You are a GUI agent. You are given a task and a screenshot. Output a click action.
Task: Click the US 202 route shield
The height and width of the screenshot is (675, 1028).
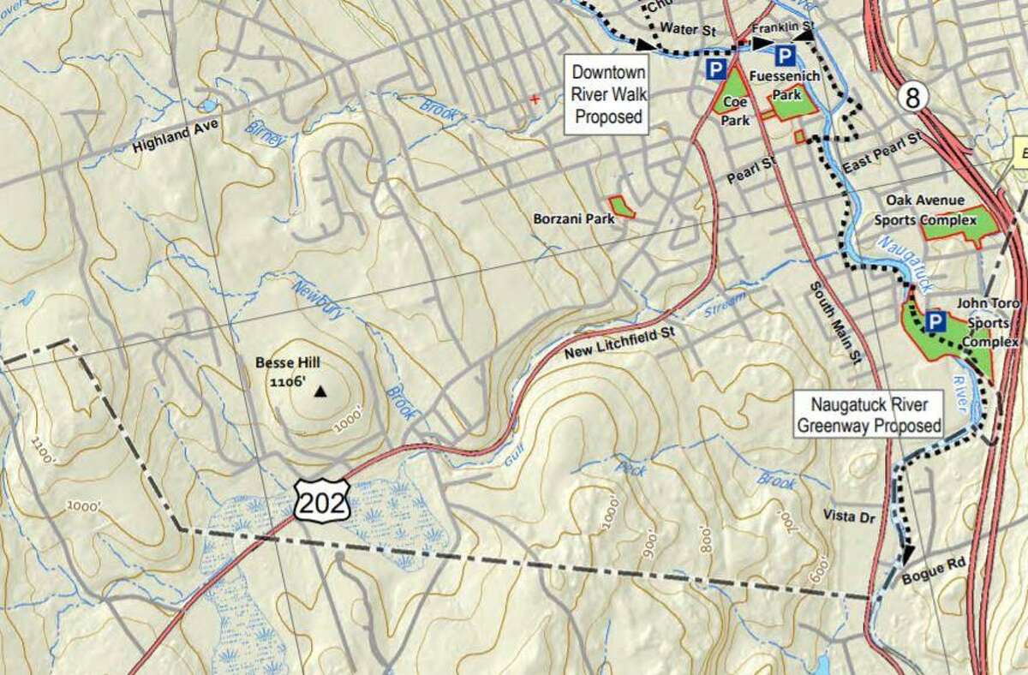pyautogui.click(x=323, y=500)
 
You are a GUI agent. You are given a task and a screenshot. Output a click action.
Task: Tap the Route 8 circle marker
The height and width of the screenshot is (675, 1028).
pyautogui.click(x=914, y=98)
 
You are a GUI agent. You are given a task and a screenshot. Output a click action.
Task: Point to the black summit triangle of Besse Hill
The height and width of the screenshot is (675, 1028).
pyautogui.click(x=320, y=392)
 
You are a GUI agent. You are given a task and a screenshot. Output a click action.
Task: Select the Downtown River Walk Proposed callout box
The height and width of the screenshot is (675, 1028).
pyautogui.click(x=607, y=94)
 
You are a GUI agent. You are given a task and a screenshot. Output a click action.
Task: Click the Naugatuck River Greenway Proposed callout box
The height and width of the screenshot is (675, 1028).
pyautogui.click(x=869, y=414)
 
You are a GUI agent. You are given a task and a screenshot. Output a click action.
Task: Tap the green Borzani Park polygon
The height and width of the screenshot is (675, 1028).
pyautogui.click(x=622, y=206)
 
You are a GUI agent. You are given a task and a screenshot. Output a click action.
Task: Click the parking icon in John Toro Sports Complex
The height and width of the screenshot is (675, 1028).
pyautogui.click(x=935, y=322)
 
